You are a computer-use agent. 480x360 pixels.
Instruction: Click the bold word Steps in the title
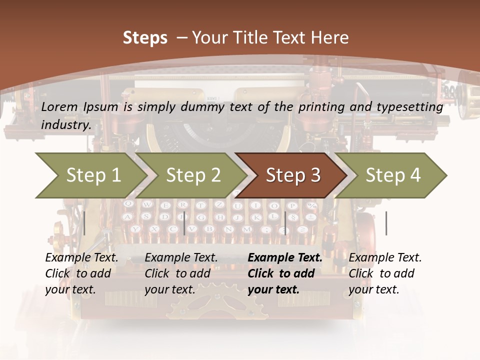click(145, 38)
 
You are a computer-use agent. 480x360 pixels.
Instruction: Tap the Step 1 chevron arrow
click(90, 175)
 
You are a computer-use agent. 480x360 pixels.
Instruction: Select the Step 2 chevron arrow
click(192, 175)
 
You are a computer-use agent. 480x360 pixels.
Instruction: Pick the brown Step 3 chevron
click(292, 175)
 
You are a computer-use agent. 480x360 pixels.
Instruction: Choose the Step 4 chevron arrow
click(392, 175)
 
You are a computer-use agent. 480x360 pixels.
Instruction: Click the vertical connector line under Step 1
click(84, 223)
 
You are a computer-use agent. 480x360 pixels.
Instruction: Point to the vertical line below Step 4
click(386, 223)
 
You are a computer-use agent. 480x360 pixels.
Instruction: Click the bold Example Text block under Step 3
click(285, 273)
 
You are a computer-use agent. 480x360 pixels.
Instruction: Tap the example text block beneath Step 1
click(81, 273)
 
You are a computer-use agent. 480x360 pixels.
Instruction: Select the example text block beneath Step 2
click(181, 273)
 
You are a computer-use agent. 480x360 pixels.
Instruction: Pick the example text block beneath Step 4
click(385, 273)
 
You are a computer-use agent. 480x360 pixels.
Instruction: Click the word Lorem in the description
click(59, 106)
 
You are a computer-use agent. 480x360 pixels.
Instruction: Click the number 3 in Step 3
click(315, 175)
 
